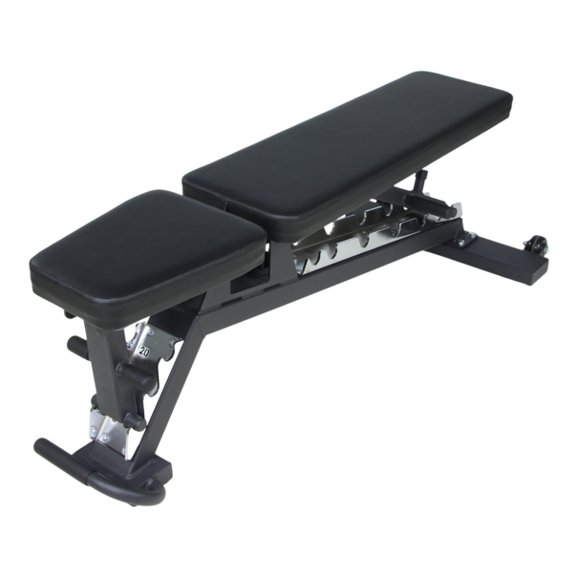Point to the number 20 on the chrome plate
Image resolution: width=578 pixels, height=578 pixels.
pos(143,351)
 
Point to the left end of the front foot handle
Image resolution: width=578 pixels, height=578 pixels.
pos(43,446)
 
